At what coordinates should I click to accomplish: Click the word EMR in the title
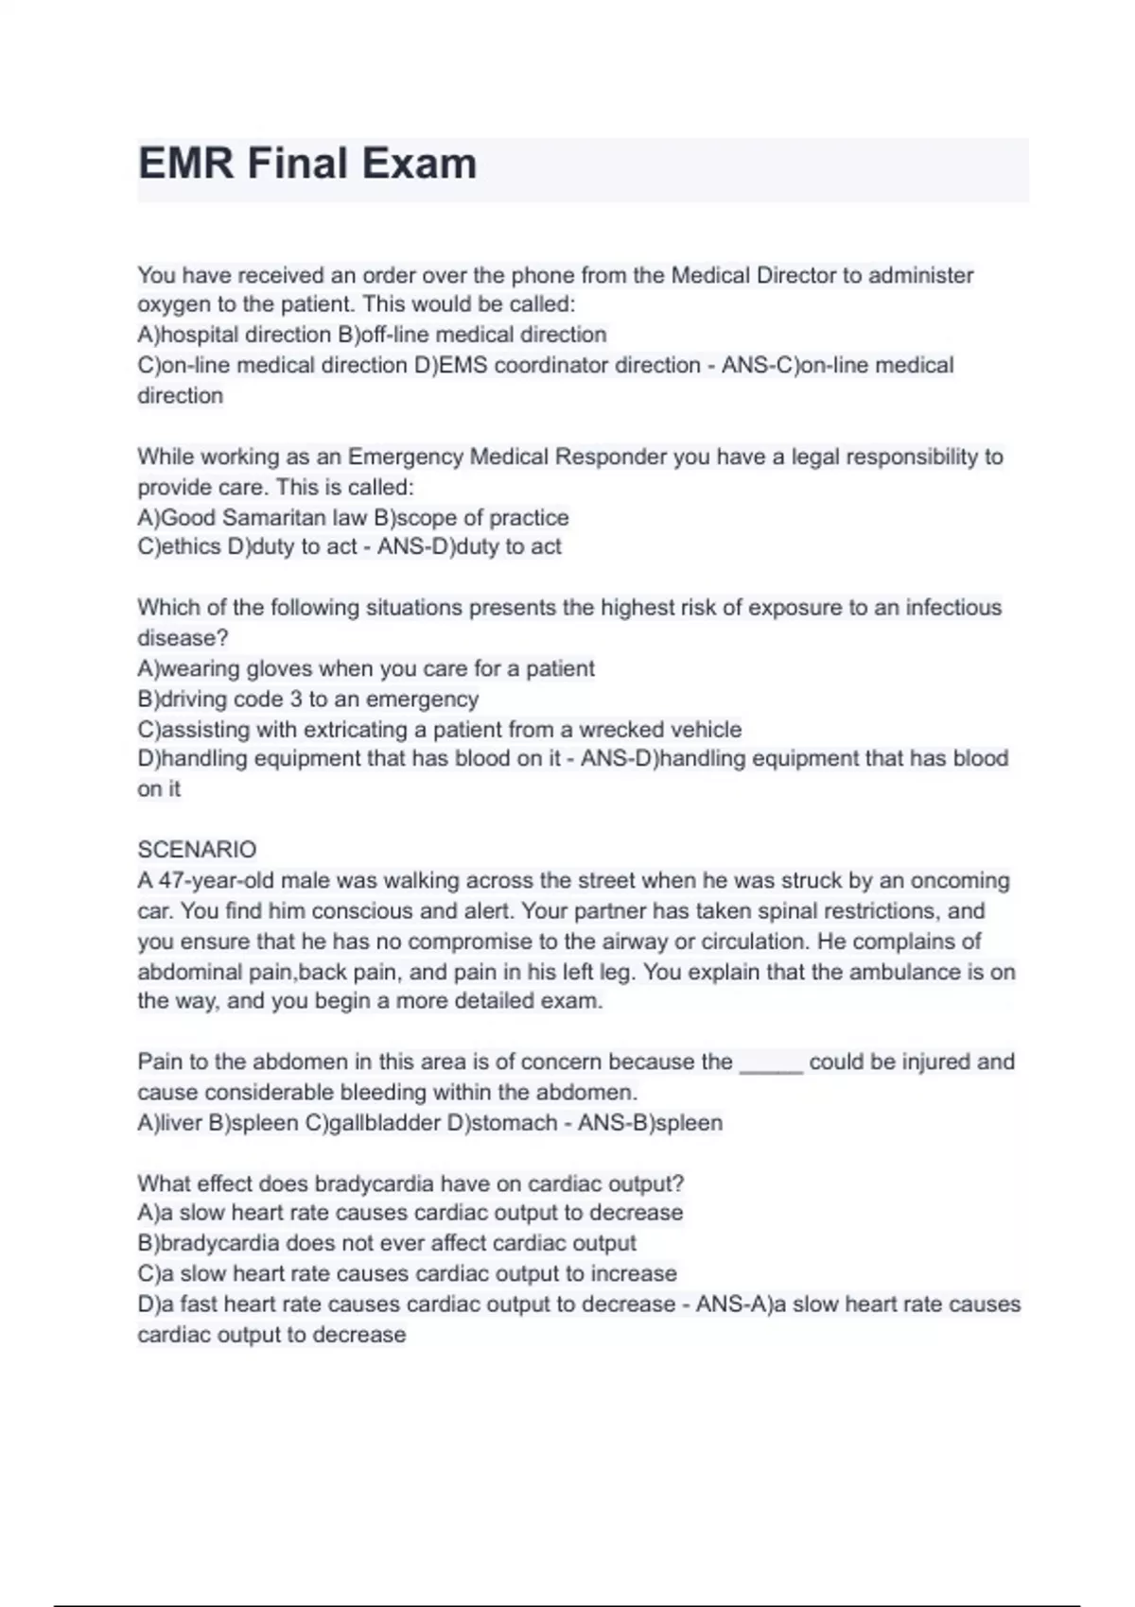185,164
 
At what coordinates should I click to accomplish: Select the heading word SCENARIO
197,849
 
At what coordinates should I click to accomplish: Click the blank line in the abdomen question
771,1063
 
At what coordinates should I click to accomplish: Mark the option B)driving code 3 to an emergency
308,699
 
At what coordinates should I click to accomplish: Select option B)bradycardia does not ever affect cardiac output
387,1243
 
